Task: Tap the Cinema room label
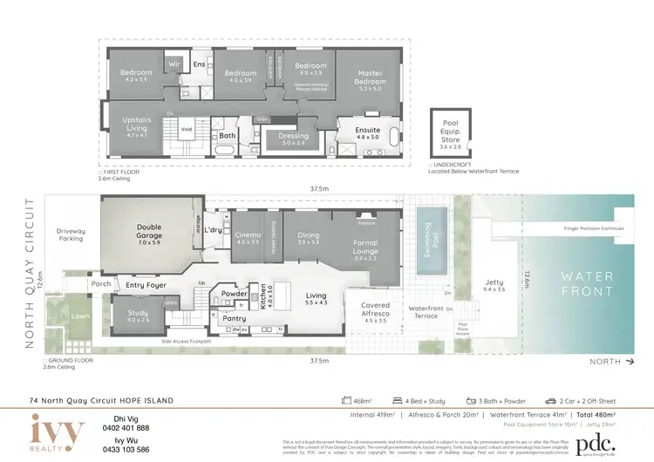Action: [x=248, y=234]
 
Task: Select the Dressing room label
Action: [x=294, y=136]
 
